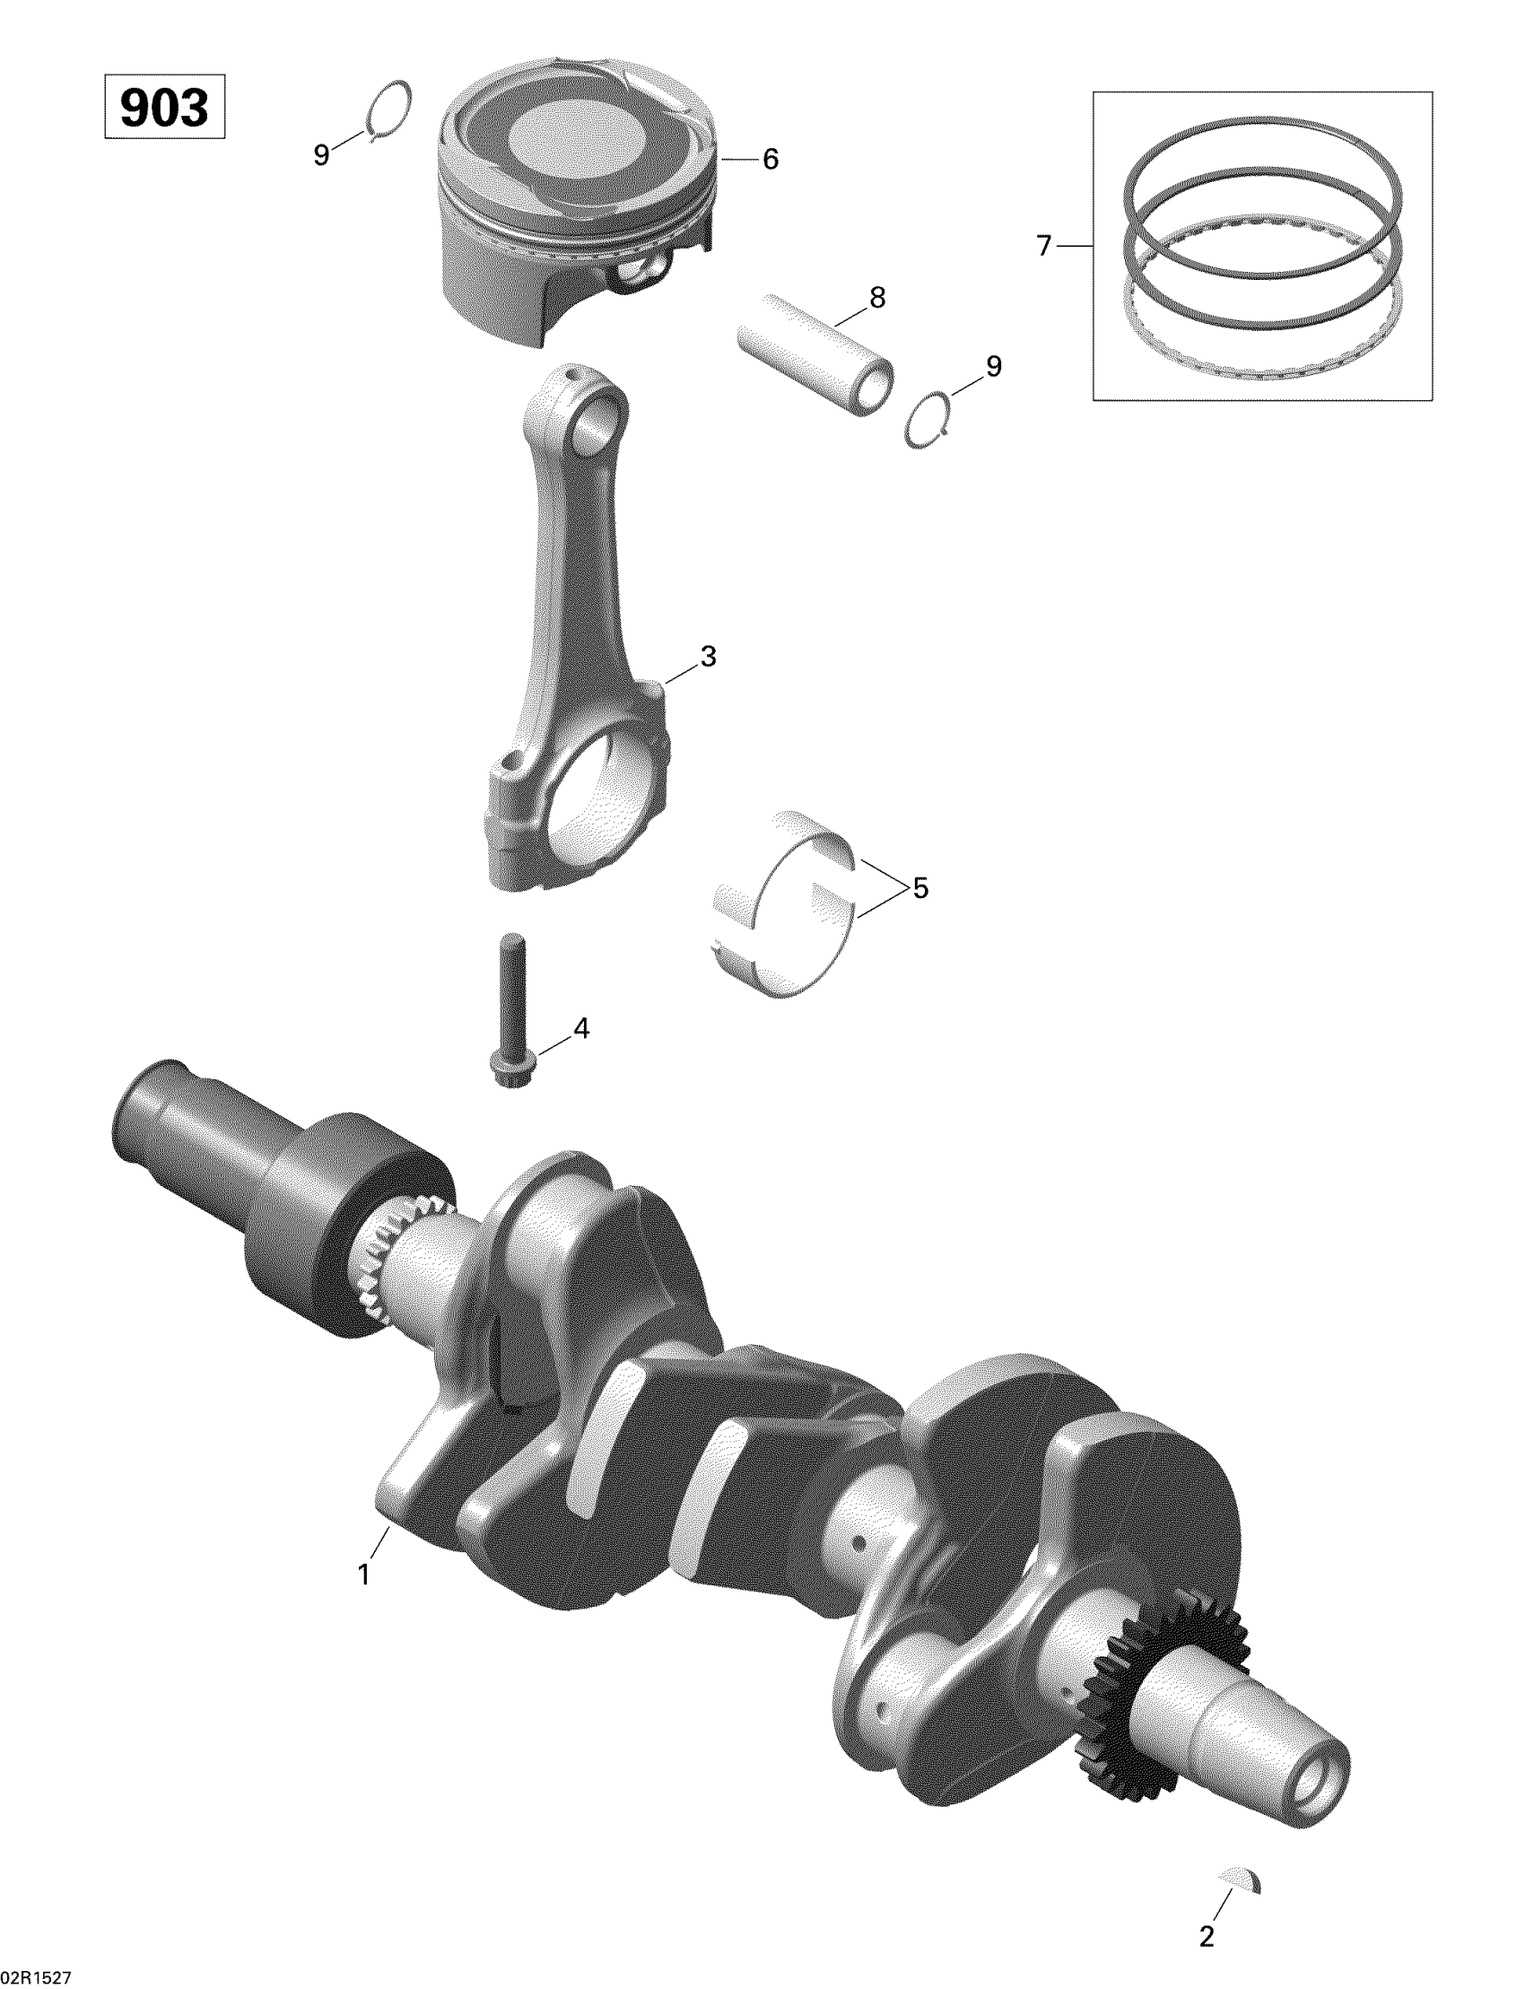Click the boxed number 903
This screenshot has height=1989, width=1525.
pos(164,109)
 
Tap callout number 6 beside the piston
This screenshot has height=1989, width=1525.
pos(770,160)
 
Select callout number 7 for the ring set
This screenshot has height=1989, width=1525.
pos(1044,245)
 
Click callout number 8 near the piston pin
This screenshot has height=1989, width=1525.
pos(877,297)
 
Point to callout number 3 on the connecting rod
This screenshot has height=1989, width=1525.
pos(708,656)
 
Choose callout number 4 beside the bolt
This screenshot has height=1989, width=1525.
pos(580,1028)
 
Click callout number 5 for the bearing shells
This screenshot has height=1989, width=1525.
pos(920,888)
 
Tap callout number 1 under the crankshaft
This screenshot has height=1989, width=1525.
pos(364,1575)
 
